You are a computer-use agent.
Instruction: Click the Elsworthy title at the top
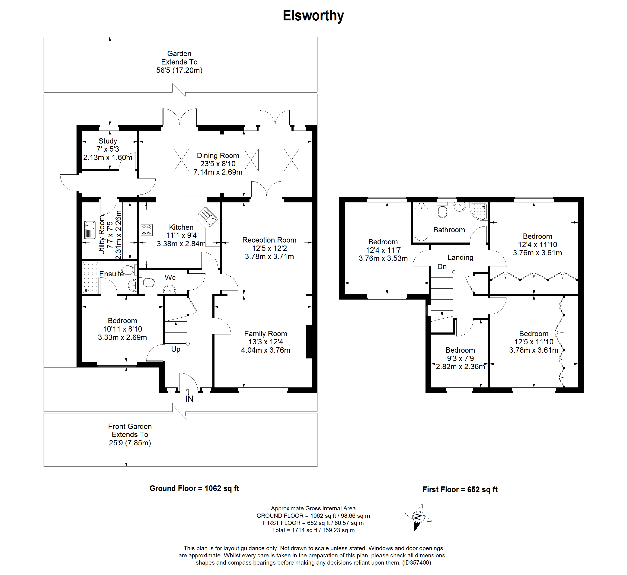[313, 16]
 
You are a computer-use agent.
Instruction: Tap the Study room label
[108, 141]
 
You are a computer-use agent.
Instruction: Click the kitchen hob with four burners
[147, 230]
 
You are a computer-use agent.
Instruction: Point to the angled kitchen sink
[208, 217]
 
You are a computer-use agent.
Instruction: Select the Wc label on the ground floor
[170, 278]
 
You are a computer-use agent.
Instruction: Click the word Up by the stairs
[176, 349]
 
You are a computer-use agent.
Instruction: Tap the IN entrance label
[189, 399]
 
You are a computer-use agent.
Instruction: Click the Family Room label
[266, 334]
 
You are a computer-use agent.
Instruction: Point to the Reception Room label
[269, 240]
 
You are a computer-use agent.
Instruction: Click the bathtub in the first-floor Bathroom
[421, 222]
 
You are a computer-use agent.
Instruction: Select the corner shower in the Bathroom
[479, 211]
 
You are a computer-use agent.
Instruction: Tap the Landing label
[460, 258]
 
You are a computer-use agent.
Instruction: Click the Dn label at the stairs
[442, 267]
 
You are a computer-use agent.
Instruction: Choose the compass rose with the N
[418, 517]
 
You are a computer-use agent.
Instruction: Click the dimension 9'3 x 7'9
[460, 358]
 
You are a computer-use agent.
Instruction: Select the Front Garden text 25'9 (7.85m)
[130, 443]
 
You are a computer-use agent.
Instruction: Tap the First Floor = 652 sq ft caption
[460, 490]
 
